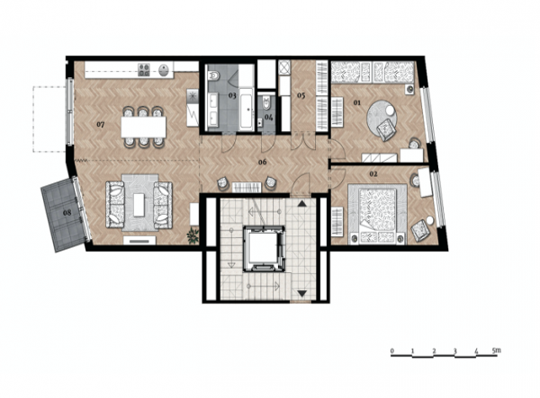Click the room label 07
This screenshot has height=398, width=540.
[100, 124]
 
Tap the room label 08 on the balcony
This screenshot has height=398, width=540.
[67, 213]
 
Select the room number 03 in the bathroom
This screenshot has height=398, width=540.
[232, 95]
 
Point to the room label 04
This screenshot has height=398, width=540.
[268, 117]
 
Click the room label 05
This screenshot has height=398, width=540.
[301, 95]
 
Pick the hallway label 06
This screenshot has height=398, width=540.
[263, 162]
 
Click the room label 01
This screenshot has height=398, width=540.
[357, 102]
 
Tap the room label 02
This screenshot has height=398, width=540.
[373, 174]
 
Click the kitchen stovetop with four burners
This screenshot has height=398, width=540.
[144, 70]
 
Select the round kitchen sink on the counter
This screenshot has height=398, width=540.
[165, 70]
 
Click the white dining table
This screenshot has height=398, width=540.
[144, 128]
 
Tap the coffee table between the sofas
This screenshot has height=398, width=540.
[139, 205]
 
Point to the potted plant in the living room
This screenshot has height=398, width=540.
[193, 235]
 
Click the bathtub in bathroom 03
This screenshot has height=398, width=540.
[247, 109]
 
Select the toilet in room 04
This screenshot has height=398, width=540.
[267, 102]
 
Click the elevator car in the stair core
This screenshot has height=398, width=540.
[264, 248]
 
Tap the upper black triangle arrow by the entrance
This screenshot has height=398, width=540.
[302, 204]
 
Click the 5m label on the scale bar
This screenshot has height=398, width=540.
[496, 350]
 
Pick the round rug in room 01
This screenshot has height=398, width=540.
[382, 119]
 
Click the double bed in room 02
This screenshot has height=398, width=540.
[377, 214]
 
